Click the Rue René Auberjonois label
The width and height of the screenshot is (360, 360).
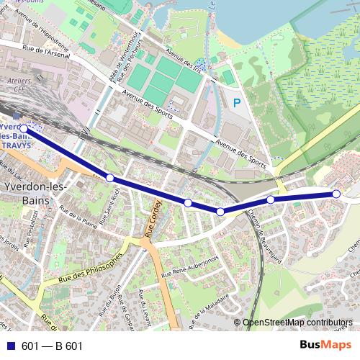[x=189, y=267]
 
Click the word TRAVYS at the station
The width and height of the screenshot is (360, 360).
[x=16, y=144]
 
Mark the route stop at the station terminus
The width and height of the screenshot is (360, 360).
[x=24, y=128]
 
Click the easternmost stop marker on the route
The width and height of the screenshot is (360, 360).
[x=336, y=194]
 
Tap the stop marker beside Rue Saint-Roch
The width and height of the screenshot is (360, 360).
[x=110, y=177]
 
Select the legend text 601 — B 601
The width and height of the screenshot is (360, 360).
[x=53, y=346]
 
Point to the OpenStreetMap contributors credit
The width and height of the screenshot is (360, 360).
[x=297, y=322]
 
